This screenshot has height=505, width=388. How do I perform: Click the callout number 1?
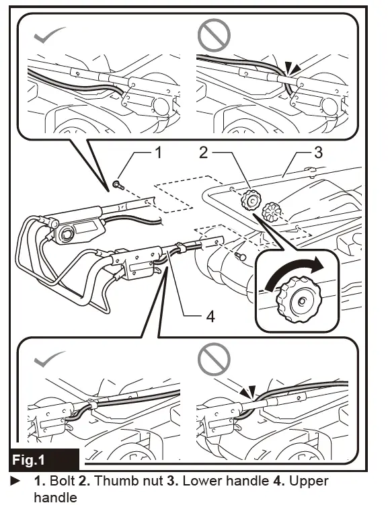[158, 153]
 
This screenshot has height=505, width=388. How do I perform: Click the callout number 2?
[203, 153]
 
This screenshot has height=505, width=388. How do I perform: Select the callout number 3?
[318, 153]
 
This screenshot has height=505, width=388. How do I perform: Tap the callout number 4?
[210, 317]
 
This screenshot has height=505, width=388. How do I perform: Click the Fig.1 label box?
[44, 459]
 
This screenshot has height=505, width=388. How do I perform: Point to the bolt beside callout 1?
[118, 185]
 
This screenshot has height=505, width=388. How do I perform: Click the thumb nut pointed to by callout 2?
[251, 200]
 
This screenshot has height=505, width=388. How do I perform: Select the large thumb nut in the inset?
[299, 299]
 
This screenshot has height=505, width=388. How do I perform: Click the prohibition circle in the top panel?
[214, 35]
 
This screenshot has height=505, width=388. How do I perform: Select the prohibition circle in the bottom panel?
[214, 359]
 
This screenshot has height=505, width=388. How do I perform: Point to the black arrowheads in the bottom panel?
[248, 391]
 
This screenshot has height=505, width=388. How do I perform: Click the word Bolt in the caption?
[63, 481]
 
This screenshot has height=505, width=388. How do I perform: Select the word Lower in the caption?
[202, 481]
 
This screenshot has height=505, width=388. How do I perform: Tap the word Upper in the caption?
[309, 482]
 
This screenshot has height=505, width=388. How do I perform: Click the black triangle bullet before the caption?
[15, 481]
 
